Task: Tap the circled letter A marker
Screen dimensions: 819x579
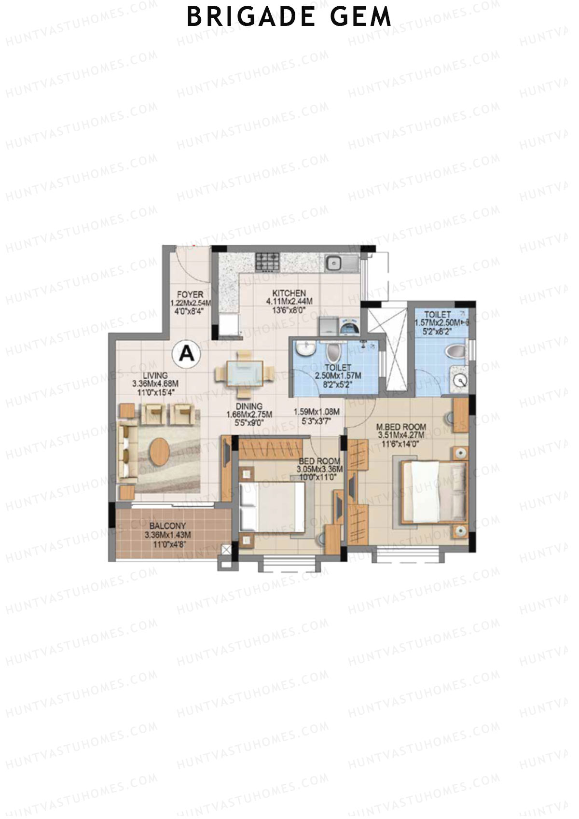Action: click(x=186, y=354)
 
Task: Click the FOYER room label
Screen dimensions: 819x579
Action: click(x=190, y=294)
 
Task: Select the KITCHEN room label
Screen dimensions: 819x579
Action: click(x=289, y=293)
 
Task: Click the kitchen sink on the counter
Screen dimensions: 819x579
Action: click(x=334, y=263)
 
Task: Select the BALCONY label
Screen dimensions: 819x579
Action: click(x=167, y=526)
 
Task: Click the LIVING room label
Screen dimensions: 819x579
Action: click(x=155, y=375)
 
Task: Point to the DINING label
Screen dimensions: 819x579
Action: click(x=249, y=406)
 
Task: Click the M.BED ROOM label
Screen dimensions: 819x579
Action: click(x=401, y=427)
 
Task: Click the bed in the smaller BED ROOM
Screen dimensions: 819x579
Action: click(x=273, y=507)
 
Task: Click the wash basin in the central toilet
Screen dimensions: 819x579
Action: click(x=305, y=347)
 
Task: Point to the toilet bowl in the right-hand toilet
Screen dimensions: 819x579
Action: click(x=455, y=351)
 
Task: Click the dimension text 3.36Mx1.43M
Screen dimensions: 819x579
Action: click(x=167, y=535)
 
